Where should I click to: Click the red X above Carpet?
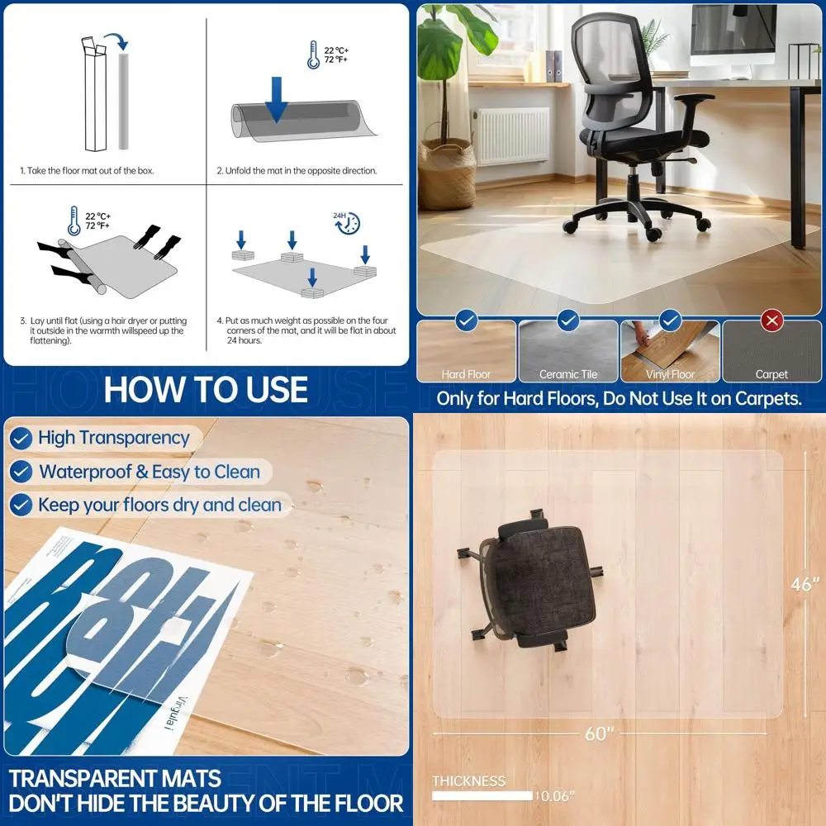(x=772, y=320)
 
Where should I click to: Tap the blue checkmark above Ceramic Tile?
(x=568, y=320)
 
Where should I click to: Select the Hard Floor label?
(x=467, y=374)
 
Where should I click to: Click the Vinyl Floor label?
(x=670, y=374)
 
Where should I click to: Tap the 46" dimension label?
(x=802, y=584)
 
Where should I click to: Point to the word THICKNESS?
(x=468, y=781)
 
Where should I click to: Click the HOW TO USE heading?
(x=206, y=390)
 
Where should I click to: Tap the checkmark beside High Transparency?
(x=21, y=438)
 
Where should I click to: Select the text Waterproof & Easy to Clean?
(x=150, y=472)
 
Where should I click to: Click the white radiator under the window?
(x=510, y=135)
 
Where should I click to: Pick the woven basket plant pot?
(x=447, y=173)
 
